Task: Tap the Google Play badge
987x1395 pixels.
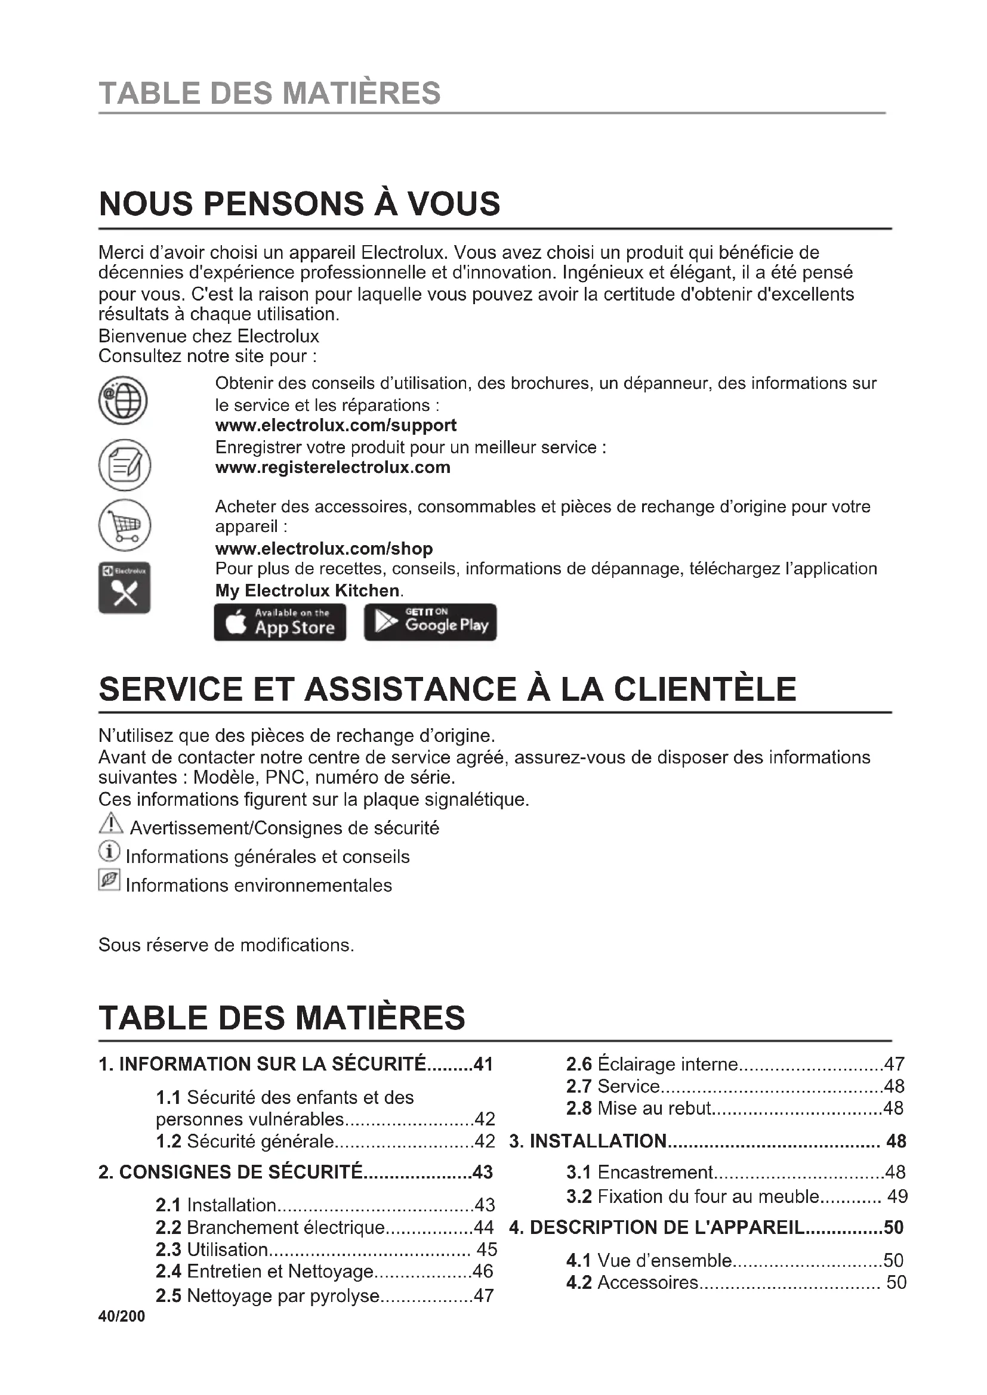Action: click(430, 621)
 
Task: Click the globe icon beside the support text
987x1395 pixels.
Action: click(124, 400)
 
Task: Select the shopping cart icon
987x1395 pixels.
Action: click(124, 524)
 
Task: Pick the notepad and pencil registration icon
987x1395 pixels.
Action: click(124, 465)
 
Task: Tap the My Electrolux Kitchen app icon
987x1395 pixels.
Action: click(124, 587)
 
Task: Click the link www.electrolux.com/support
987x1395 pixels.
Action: click(335, 425)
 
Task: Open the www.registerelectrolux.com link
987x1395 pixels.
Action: click(332, 467)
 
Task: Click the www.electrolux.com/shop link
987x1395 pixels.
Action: click(324, 549)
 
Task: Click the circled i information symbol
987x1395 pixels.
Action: click(109, 852)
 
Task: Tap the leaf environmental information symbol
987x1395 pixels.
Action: click(109, 880)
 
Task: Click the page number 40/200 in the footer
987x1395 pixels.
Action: click(122, 1316)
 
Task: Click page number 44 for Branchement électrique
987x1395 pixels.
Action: click(484, 1227)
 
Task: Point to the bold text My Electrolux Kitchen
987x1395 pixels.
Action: click(307, 590)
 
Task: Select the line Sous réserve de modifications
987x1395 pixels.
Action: click(226, 945)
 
